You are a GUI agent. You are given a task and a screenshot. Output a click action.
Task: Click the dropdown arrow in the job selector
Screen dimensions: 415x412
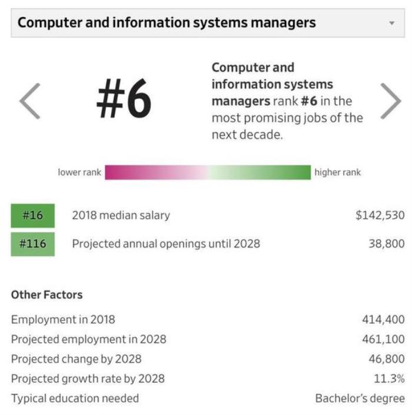pyautogui.click(x=392, y=23)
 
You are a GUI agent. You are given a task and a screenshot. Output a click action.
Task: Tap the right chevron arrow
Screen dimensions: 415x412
pyautogui.click(x=390, y=101)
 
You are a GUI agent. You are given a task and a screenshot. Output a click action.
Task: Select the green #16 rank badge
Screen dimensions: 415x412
pyautogui.click(x=32, y=215)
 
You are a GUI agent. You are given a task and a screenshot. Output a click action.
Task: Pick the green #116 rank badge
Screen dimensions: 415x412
pyautogui.click(x=32, y=244)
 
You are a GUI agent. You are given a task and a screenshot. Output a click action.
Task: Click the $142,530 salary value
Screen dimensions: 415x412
pyautogui.click(x=380, y=215)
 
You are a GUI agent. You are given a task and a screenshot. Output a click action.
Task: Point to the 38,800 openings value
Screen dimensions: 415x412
pyautogui.click(x=386, y=244)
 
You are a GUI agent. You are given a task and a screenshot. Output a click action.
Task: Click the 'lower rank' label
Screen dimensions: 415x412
pyautogui.click(x=79, y=172)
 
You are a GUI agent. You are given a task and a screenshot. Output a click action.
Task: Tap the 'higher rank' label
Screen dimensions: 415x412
pyautogui.click(x=337, y=172)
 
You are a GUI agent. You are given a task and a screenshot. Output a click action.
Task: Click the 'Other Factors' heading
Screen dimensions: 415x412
pyautogui.click(x=47, y=295)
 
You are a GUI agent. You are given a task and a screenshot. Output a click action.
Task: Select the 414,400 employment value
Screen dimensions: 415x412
pyautogui.click(x=383, y=320)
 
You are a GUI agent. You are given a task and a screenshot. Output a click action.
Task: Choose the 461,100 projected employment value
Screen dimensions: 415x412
pyautogui.click(x=383, y=339)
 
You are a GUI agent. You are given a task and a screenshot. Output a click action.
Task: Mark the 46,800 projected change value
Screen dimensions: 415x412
pyautogui.click(x=386, y=358)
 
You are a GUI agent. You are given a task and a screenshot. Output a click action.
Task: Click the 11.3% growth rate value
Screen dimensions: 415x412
pyautogui.click(x=389, y=379)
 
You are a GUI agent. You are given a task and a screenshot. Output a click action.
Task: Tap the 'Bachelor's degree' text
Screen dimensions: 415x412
pyautogui.click(x=360, y=399)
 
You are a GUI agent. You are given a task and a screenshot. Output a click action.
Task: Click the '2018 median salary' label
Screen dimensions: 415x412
pyautogui.click(x=121, y=215)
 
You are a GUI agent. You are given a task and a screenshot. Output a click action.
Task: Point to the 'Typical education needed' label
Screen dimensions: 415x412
pyautogui.click(x=75, y=399)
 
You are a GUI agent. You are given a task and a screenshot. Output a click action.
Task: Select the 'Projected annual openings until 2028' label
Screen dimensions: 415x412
pyautogui.click(x=165, y=244)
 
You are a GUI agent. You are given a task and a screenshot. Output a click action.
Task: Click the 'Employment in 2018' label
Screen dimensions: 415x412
pyautogui.click(x=63, y=320)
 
